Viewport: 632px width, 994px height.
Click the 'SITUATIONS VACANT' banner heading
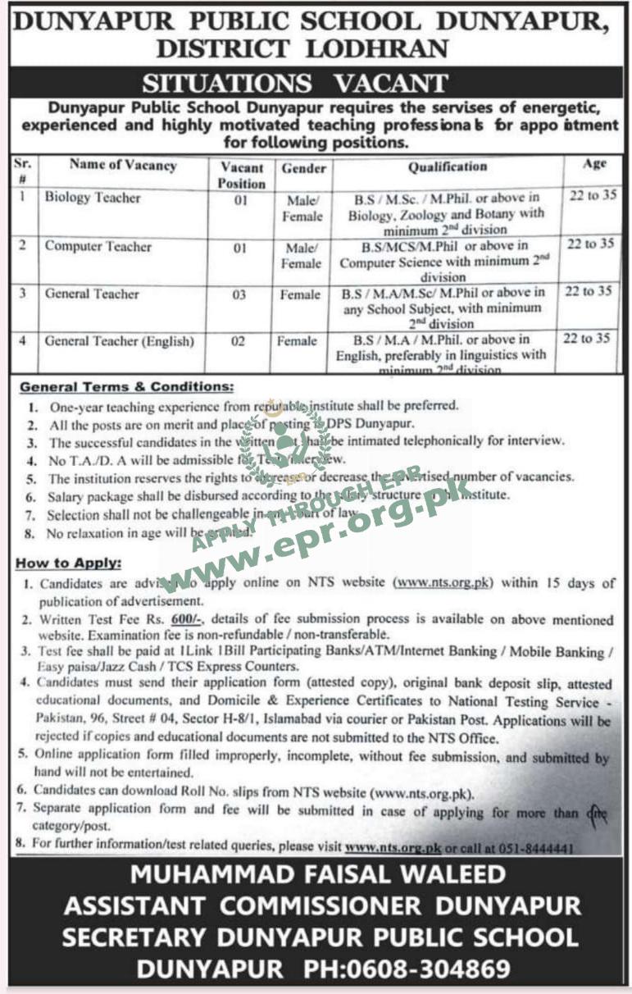click(295, 83)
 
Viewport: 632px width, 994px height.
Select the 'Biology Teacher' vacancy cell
click(93, 198)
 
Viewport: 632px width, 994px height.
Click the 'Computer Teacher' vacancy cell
click(98, 246)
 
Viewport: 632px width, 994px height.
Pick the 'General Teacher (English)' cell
click(120, 341)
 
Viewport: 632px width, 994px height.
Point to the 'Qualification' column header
click(448, 166)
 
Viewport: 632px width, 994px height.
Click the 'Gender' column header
click(304, 168)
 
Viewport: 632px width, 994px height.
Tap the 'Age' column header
click(594, 163)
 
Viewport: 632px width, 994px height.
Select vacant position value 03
click(240, 294)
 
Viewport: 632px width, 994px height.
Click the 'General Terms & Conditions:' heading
click(126, 385)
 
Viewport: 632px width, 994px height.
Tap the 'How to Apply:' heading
click(70, 563)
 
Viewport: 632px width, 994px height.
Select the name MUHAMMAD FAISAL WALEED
click(316, 875)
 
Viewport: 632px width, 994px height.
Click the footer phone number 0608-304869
click(407, 969)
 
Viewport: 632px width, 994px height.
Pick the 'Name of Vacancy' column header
click(123, 165)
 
